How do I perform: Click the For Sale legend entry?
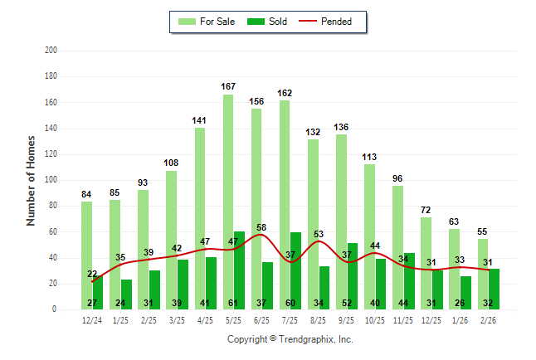point(207,22)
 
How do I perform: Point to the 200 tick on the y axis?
point(51,51)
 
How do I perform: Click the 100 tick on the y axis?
point(51,180)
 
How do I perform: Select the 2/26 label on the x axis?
point(489,319)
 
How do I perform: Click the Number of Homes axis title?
point(31,180)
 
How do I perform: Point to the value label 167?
point(228,86)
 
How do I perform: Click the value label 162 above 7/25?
point(285,93)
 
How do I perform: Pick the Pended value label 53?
point(319,234)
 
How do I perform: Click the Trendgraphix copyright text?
point(290,339)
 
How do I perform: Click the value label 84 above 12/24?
point(86,194)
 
